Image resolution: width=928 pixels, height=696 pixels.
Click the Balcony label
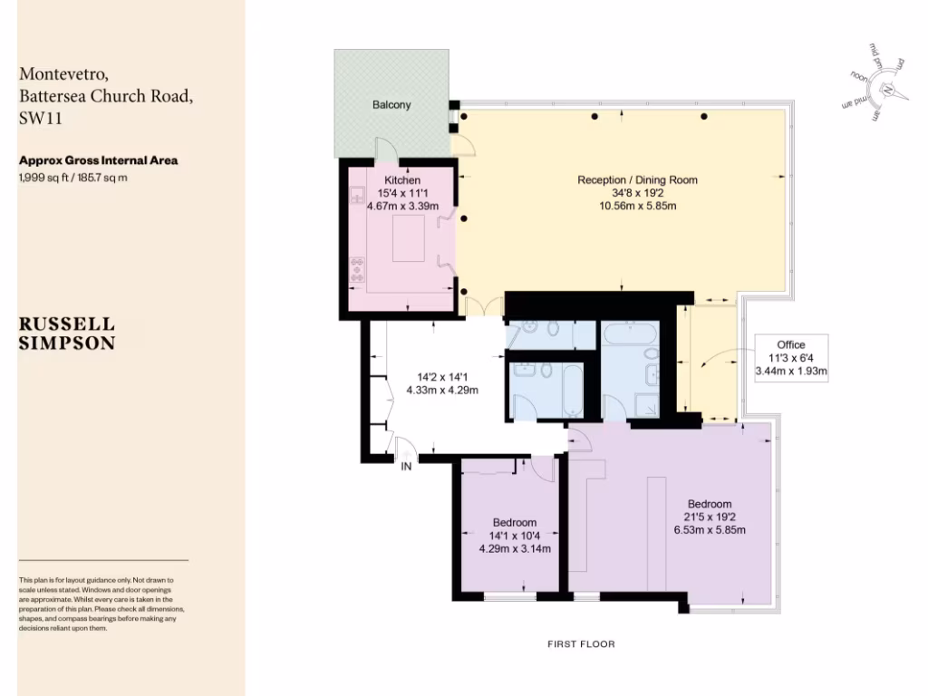click(x=391, y=105)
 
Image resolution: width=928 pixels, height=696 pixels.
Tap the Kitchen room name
click(x=401, y=180)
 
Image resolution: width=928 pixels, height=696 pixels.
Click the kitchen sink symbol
click(x=357, y=195)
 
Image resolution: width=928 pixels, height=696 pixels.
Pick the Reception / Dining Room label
click(x=637, y=180)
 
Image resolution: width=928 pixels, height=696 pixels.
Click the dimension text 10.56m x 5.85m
click(x=637, y=206)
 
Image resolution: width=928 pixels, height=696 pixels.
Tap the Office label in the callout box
click(x=791, y=345)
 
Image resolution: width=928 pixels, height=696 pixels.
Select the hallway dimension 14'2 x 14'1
click(x=447, y=377)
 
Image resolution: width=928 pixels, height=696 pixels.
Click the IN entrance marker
click(x=408, y=467)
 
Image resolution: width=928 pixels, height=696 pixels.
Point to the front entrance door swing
click(x=405, y=446)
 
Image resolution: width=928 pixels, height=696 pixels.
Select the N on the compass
click(x=890, y=89)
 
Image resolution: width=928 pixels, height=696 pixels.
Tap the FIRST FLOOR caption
click(x=581, y=644)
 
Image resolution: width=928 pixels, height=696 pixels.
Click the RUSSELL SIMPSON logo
click(x=67, y=333)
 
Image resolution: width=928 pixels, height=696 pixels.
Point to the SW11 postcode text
click(x=39, y=118)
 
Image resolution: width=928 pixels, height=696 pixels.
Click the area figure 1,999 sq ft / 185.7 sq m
click(x=73, y=178)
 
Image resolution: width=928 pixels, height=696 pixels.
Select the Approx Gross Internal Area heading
click(x=98, y=160)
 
